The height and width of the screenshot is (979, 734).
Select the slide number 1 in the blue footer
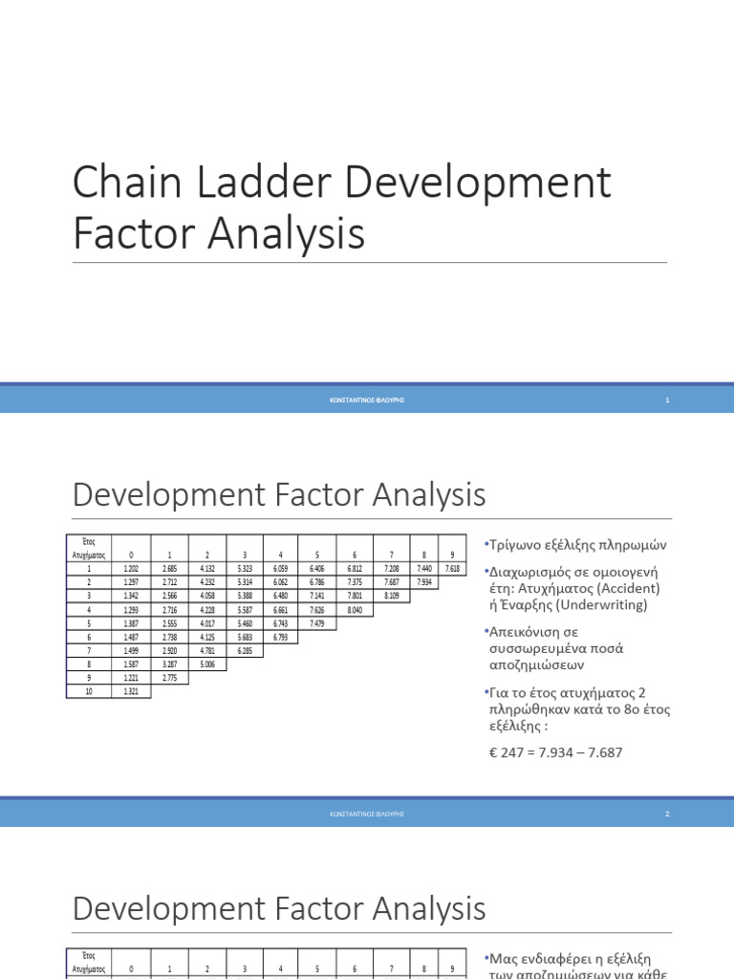[x=667, y=400]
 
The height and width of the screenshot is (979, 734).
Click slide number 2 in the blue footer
[x=667, y=814]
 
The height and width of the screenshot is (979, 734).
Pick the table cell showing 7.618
[x=452, y=568]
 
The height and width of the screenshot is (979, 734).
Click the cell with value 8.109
[x=392, y=595]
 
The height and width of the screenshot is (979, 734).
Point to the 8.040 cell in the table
[x=355, y=609]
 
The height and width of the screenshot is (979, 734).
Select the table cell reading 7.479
[x=316, y=622]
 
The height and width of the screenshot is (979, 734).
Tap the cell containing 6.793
[x=280, y=637]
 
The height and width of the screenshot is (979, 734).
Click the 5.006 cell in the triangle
[x=206, y=664]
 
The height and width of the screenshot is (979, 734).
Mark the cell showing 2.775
[x=169, y=678]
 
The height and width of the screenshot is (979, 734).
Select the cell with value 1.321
[x=132, y=691]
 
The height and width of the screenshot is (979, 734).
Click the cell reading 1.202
[x=132, y=568]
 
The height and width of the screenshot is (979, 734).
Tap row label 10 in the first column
[x=88, y=691]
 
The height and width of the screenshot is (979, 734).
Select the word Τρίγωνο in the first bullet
[x=517, y=545]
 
